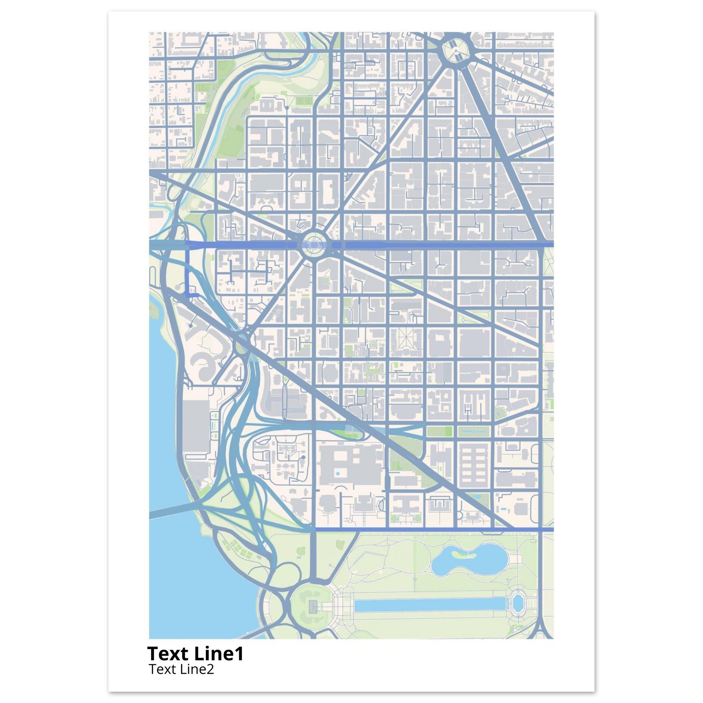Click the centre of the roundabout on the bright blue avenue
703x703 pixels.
[314, 245]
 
